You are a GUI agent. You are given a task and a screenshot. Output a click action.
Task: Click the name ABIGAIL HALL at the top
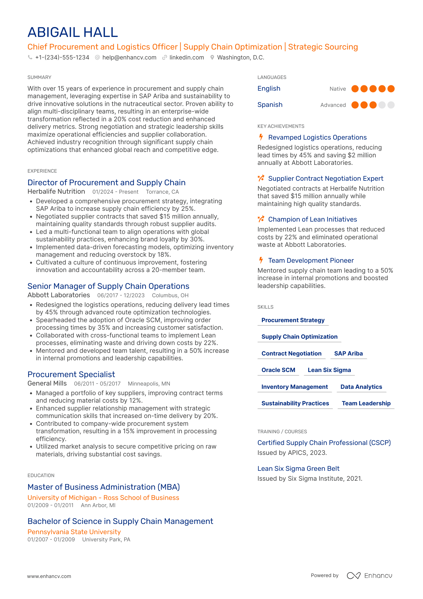[73, 32]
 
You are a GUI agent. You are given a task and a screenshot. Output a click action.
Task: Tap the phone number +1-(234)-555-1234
[62, 57]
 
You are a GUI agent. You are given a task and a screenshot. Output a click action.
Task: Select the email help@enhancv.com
[129, 57]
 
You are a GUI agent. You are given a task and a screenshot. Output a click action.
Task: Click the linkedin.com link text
[187, 57]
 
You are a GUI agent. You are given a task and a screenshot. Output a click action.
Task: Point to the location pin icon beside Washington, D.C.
[212, 57]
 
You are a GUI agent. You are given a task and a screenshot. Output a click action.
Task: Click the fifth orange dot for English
[391, 89]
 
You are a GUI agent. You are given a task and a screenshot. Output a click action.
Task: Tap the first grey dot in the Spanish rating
[382, 105]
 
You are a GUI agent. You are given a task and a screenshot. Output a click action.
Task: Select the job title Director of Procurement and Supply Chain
[106, 183]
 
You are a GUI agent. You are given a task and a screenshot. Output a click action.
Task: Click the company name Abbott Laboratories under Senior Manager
[59, 295]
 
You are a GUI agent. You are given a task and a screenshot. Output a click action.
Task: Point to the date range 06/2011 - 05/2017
[97, 384]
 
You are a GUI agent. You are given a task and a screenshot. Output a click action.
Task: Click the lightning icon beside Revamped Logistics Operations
[261, 137]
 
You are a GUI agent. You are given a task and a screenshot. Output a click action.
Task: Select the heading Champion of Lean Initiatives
[312, 219]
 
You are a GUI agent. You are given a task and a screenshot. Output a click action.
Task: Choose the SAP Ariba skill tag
[348, 353]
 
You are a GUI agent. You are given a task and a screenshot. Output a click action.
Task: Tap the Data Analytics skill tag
[361, 387]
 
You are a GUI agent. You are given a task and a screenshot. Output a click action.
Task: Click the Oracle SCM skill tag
[278, 370]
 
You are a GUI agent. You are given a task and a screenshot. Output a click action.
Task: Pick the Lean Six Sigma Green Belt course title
[298, 469]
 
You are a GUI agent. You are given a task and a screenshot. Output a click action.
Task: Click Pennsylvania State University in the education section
[74, 532]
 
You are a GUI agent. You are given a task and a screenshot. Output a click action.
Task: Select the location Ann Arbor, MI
[98, 505]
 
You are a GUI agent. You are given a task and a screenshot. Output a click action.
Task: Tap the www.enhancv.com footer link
[49, 576]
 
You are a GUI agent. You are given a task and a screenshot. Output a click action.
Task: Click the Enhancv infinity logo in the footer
[353, 576]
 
